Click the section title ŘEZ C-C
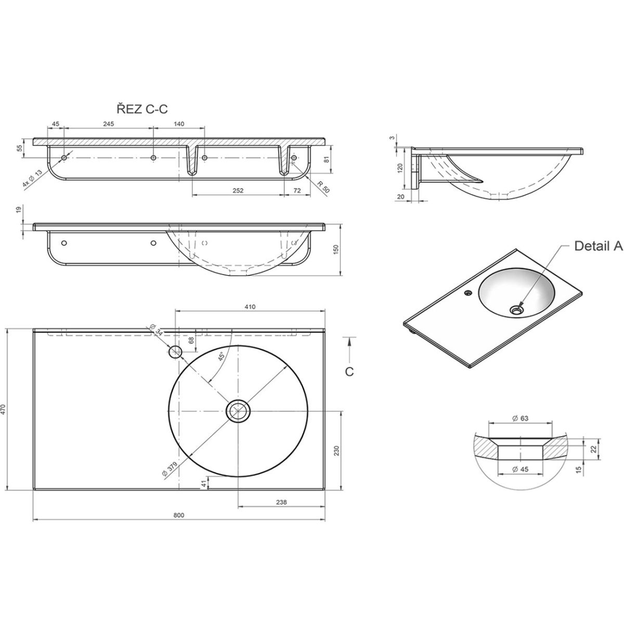click(x=142, y=109)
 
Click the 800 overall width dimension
click(x=178, y=515)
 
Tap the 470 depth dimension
click(x=4, y=410)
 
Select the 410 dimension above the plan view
click(x=250, y=307)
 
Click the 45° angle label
click(x=222, y=357)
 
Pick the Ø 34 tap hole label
click(x=156, y=329)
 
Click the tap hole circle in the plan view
click(x=176, y=352)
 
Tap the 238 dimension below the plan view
click(x=281, y=502)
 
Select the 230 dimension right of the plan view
click(x=336, y=450)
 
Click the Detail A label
click(x=598, y=246)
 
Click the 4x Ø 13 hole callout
click(x=32, y=178)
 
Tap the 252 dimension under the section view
click(x=238, y=191)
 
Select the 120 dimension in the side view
click(x=400, y=168)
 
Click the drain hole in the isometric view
click(x=516, y=310)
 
